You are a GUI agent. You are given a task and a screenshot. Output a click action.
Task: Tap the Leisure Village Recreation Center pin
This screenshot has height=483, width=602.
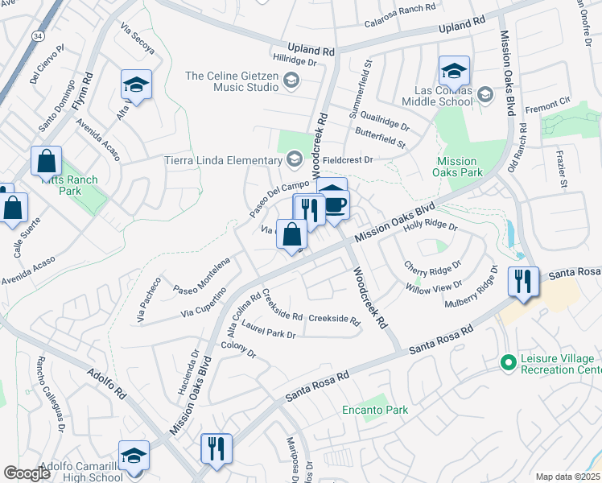point(508,362)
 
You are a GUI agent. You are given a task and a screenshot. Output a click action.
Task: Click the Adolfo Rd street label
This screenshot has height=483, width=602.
point(108,382)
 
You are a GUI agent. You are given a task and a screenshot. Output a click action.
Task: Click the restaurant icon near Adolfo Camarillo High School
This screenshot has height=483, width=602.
point(216,448)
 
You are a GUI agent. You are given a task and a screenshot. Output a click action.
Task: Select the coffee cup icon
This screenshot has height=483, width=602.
point(336,204)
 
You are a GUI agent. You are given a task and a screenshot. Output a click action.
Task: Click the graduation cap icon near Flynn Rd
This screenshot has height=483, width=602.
point(136,85)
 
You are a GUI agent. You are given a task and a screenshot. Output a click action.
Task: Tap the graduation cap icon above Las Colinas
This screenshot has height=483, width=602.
point(454,70)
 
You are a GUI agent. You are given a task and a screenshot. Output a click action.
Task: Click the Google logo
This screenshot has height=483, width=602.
point(27,473)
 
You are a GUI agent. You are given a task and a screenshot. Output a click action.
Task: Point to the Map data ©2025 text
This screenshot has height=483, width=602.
point(567,477)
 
